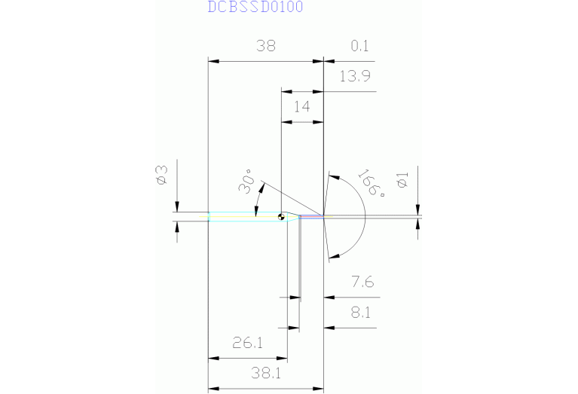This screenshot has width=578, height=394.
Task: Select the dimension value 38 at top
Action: pos(265,46)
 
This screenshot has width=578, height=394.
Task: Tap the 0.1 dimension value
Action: pos(359,46)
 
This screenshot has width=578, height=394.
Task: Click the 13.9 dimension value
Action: pos(354,76)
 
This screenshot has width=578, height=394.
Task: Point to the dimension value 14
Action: pos(301,106)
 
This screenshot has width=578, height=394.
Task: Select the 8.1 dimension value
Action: pos(359,312)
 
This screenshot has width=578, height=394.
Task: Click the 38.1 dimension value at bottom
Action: pos(265,371)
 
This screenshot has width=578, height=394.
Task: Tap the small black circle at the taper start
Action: pos(280,218)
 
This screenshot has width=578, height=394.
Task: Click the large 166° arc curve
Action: pos(365,216)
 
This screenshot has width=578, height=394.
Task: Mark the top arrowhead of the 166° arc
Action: pos(332,177)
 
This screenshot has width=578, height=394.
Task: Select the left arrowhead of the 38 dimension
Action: pos(213,62)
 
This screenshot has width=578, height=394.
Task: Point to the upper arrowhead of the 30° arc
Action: pos(261,185)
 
